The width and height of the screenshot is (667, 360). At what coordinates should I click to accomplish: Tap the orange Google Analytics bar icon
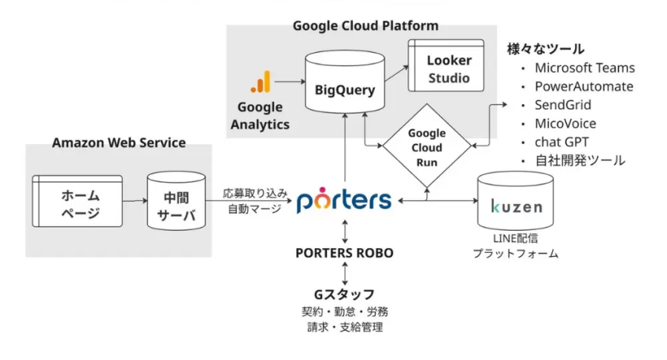pos(261,82)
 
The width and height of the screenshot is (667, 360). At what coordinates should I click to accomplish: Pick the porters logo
pos(344,200)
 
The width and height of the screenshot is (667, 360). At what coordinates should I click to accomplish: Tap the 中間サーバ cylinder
pos(177,202)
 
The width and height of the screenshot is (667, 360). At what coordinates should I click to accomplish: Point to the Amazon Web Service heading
pos(119,143)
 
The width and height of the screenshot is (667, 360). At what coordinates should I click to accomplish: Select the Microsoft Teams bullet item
pos(584,68)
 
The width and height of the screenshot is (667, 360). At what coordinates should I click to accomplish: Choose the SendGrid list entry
pos(562,105)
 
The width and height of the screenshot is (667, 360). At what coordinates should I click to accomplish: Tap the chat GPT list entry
pos(561,142)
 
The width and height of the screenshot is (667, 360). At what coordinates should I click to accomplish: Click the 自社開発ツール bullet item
pos(580,161)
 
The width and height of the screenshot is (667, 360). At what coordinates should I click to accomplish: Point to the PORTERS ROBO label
pos(344,253)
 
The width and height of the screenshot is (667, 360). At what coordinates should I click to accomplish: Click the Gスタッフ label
pos(344,294)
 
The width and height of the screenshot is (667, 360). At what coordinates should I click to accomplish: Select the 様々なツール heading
pos(545,48)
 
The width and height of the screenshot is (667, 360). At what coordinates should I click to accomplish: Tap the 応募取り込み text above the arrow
pos(254,193)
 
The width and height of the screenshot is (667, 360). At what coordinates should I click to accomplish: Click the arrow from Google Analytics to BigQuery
pos(289,81)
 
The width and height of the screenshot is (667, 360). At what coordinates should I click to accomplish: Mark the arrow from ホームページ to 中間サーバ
pos(135,202)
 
